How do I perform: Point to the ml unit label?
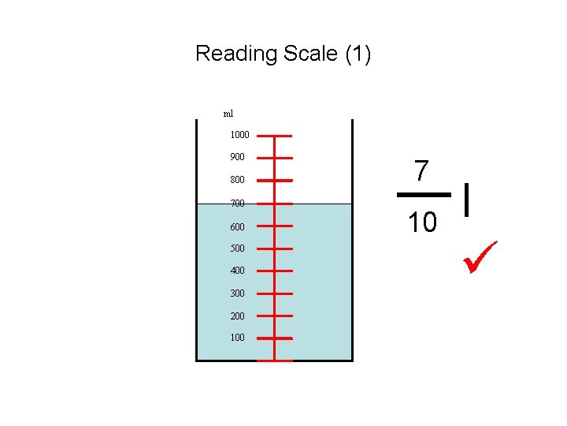(x=228, y=114)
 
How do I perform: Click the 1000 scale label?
(x=239, y=135)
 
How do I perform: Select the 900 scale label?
(x=237, y=157)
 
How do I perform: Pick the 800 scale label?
(x=237, y=180)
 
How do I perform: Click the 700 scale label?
(x=237, y=204)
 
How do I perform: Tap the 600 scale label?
(x=237, y=227)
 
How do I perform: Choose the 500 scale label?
(x=237, y=248)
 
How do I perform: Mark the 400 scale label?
(x=237, y=271)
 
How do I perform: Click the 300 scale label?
(x=237, y=293)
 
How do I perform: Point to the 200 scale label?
(x=237, y=316)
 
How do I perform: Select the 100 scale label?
(x=237, y=338)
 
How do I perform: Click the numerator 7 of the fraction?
(x=422, y=171)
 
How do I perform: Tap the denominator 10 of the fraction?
(x=422, y=223)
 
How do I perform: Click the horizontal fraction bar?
(x=423, y=195)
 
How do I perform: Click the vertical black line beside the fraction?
(x=469, y=199)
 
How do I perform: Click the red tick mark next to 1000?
(x=274, y=136)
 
